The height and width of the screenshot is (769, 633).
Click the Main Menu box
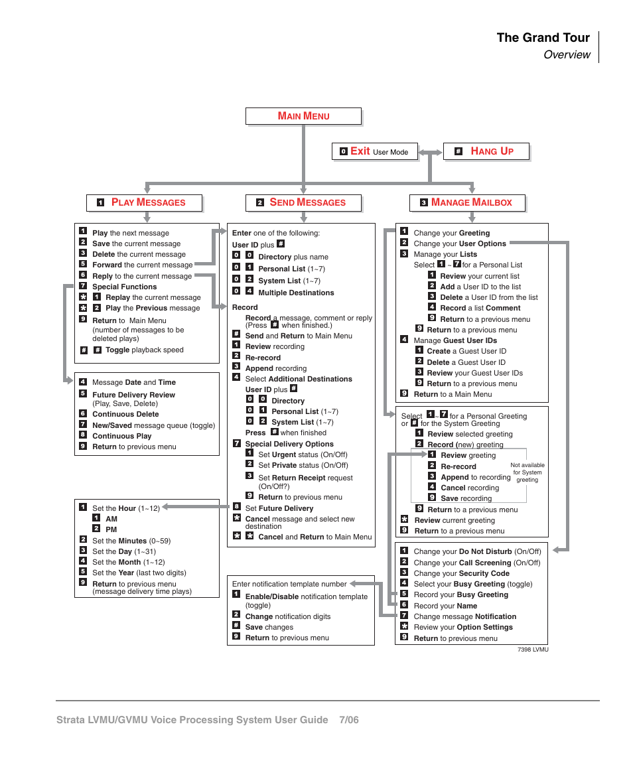pos(303,116)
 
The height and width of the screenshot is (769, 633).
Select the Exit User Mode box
pos(375,151)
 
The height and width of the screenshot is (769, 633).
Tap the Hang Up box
pos(486,151)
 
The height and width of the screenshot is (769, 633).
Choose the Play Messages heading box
pos(144,202)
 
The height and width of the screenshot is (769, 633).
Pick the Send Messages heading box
pos(303,202)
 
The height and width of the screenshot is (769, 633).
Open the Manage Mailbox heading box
pos(467,202)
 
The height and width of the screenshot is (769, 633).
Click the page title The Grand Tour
pos(543,38)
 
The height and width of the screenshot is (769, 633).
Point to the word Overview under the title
pos(567,55)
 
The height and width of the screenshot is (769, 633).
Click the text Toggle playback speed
pos(144,350)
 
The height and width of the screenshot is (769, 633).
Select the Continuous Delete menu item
pos(125,414)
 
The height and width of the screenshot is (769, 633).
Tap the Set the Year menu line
pos(139,573)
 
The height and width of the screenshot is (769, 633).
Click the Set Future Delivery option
pos(279,508)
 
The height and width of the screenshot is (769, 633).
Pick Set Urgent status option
pos(303,454)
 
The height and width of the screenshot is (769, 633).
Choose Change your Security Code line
pos(461,573)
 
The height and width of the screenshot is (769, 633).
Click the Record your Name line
pos(445,606)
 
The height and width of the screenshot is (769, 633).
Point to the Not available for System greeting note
pos(527,472)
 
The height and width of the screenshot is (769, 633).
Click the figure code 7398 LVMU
pos(533,650)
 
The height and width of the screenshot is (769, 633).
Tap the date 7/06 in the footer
pos(348,720)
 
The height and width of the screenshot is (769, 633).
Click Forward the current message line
pos(142,265)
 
